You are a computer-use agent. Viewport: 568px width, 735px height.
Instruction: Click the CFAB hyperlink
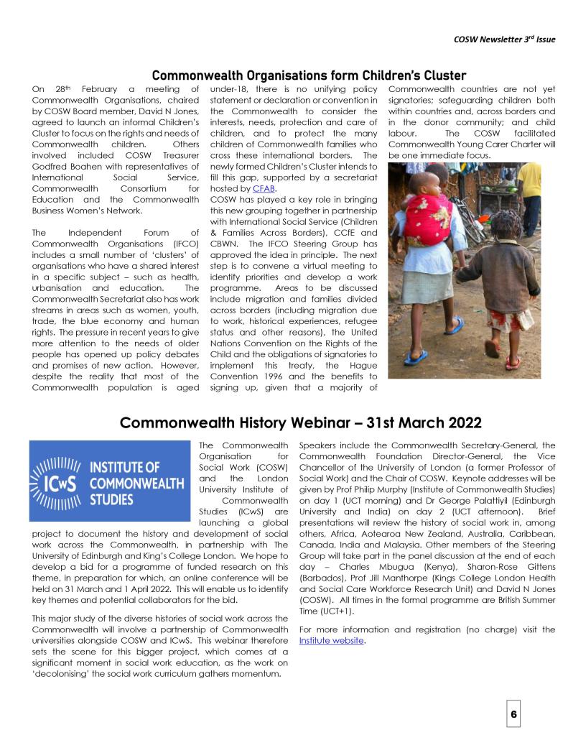click(x=266, y=188)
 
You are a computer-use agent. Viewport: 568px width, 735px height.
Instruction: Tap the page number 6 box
click(x=514, y=714)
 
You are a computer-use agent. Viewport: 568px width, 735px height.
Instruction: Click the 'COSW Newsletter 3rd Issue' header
click(x=505, y=39)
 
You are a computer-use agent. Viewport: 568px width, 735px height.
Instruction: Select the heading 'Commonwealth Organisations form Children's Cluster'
click(x=309, y=75)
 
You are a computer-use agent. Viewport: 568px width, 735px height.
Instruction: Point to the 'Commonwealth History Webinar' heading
click(x=300, y=422)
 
